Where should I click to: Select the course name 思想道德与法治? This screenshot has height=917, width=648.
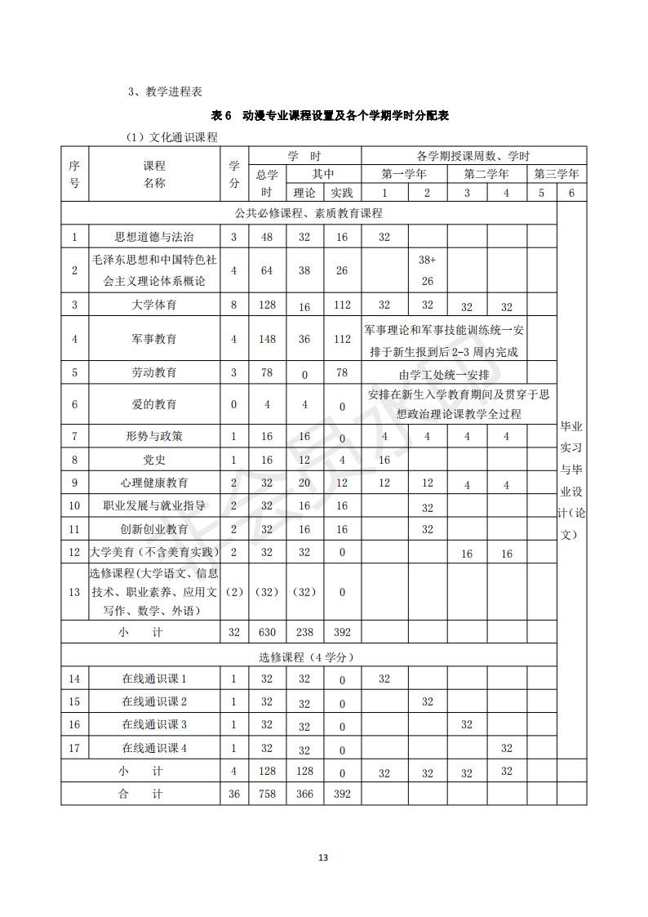(x=154, y=237)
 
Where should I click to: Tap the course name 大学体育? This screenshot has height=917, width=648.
(x=154, y=305)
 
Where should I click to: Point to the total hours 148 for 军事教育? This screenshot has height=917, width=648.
(x=267, y=338)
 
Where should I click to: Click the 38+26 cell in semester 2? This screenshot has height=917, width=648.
(x=427, y=270)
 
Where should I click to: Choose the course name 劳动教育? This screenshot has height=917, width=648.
(x=154, y=372)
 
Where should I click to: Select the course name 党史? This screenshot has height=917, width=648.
(x=154, y=460)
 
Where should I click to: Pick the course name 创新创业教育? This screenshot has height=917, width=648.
(x=154, y=529)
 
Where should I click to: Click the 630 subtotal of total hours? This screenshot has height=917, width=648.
(x=267, y=632)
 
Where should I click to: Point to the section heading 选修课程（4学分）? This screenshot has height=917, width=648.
(x=307, y=657)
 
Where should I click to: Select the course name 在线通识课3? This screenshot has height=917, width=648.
(x=154, y=724)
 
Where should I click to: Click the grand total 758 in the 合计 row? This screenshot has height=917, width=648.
(x=267, y=794)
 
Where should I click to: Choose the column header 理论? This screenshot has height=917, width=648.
(x=304, y=193)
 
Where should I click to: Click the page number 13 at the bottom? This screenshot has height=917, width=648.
(x=323, y=857)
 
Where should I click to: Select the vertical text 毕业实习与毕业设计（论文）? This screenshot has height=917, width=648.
(x=570, y=480)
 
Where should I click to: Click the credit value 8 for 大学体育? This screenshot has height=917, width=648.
(x=234, y=305)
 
